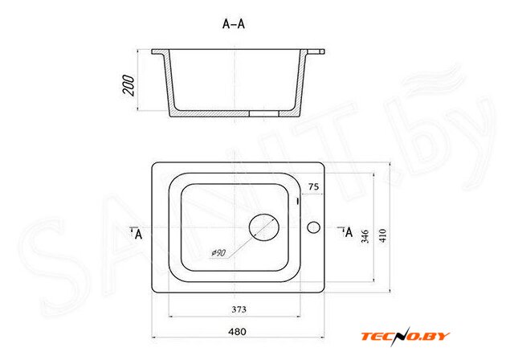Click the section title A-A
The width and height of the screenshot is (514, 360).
tap(234, 24)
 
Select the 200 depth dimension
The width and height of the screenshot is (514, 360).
tap(128, 85)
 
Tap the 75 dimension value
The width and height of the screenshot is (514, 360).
tap(313, 186)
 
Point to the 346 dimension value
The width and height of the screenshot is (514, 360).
tap(365, 236)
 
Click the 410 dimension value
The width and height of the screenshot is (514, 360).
tap(383, 235)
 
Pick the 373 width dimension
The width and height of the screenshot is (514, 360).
tap(239, 309)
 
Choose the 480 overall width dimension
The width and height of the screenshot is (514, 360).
tap(237, 332)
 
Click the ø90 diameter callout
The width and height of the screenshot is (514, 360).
tap(218, 253)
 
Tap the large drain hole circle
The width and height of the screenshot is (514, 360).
tap(264, 227)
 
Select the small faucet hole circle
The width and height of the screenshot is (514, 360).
tap(313, 227)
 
